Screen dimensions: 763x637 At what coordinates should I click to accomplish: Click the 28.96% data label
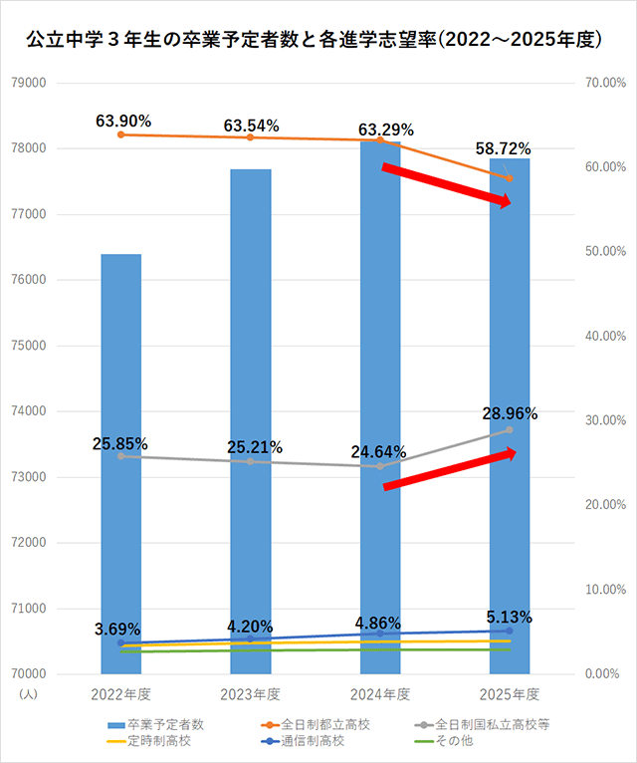pos(510,412)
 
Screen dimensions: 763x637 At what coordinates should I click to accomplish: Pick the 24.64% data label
pos(378,451)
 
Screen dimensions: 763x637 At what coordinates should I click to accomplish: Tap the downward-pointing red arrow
pos(447,185)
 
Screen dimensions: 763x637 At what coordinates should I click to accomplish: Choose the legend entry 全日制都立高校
pos(318,724)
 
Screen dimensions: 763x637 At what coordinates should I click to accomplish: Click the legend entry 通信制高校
pos(318,740)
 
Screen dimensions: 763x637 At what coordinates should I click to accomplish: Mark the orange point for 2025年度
pos(510,179)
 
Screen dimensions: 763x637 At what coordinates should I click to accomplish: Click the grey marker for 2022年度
pos(121,456)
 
